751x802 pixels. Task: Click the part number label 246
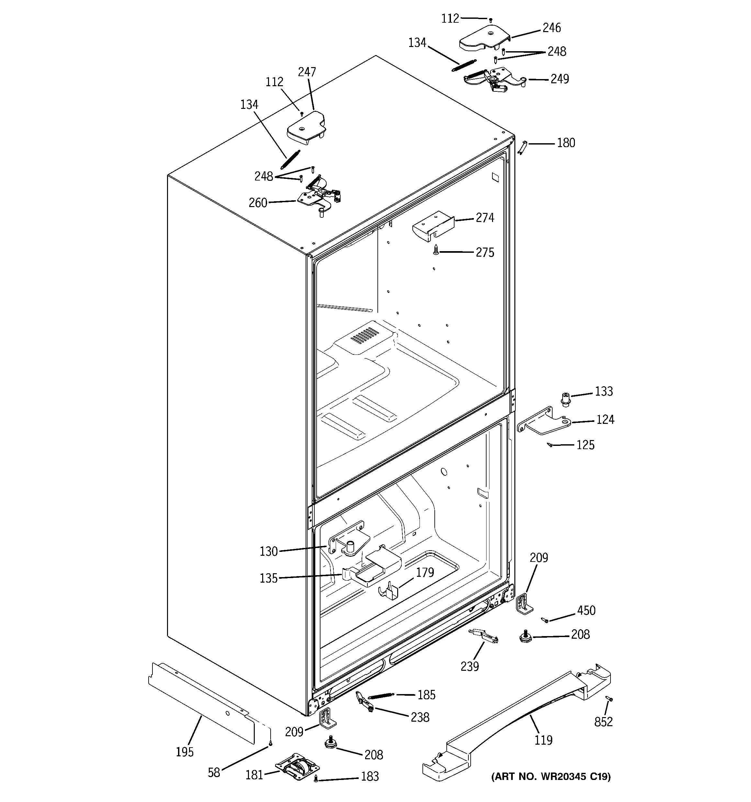click(x=552, y=28)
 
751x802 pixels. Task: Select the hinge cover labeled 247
click(x=306, y=128)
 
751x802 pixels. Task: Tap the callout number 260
click(x=258, y=203)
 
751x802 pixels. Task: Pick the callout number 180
click(x=566, y=143)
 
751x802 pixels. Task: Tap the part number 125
click(x=585, y=445)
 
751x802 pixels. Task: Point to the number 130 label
click(x=268, y=551)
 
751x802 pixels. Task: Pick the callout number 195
click(x=185, y=752)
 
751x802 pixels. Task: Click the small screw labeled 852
click(x=609, y=698)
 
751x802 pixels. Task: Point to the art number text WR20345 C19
click(x=551, y=776)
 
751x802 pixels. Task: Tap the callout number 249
click(x=559, y=79)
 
